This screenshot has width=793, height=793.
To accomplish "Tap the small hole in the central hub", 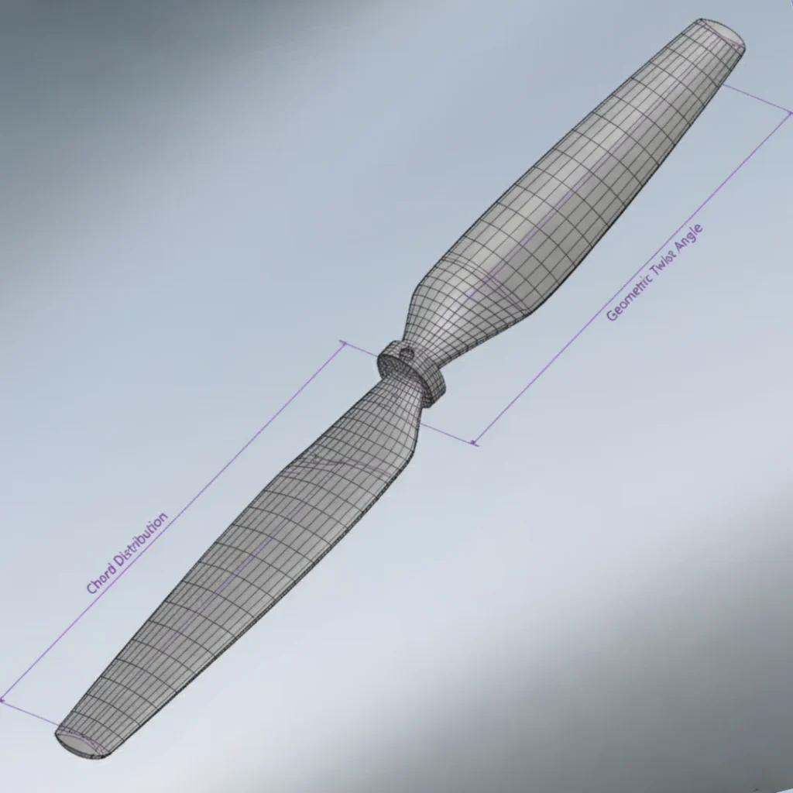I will tap(405, 352).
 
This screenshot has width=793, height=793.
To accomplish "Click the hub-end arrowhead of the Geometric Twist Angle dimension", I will tap(475, 443).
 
